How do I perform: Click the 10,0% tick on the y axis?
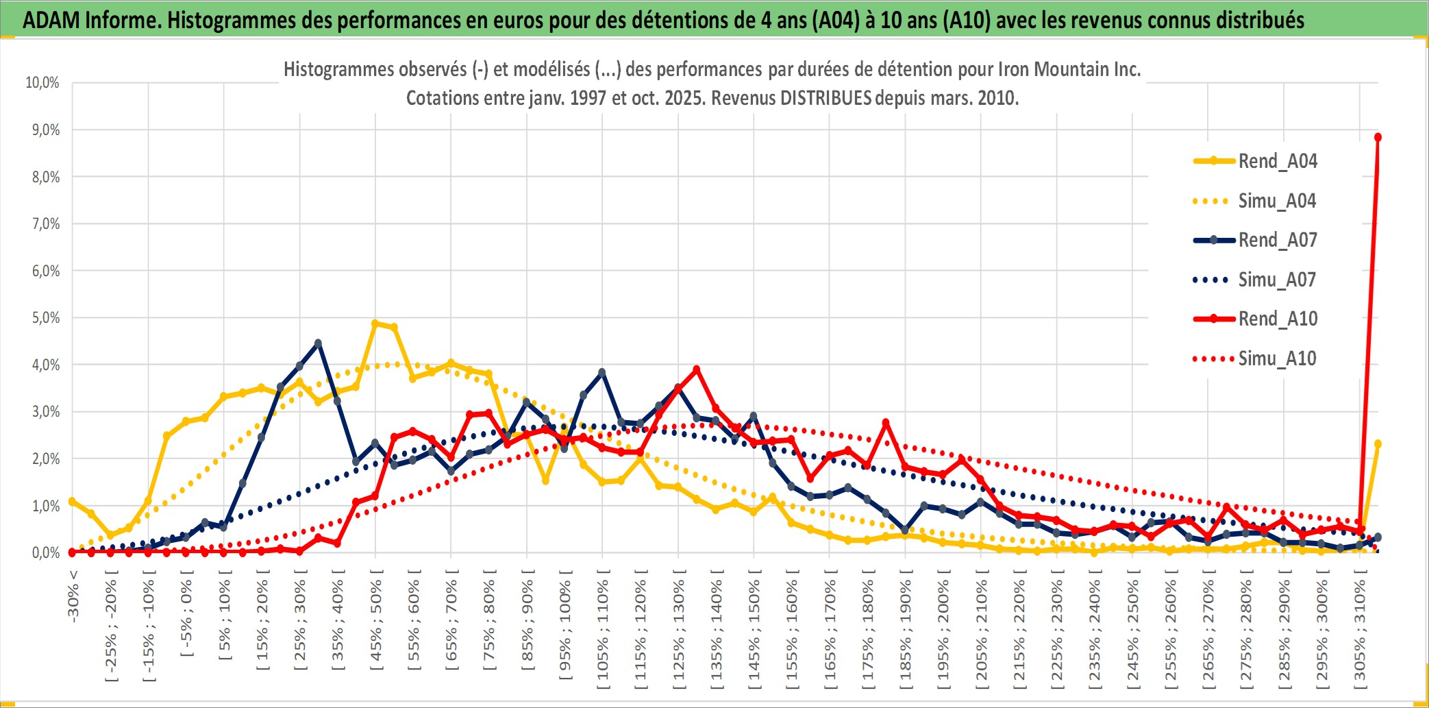point(42,83)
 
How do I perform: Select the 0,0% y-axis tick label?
point(45,552)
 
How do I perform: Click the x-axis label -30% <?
point(73,596)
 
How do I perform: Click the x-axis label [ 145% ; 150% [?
point(754,631)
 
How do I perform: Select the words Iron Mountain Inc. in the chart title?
point(1069,69)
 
